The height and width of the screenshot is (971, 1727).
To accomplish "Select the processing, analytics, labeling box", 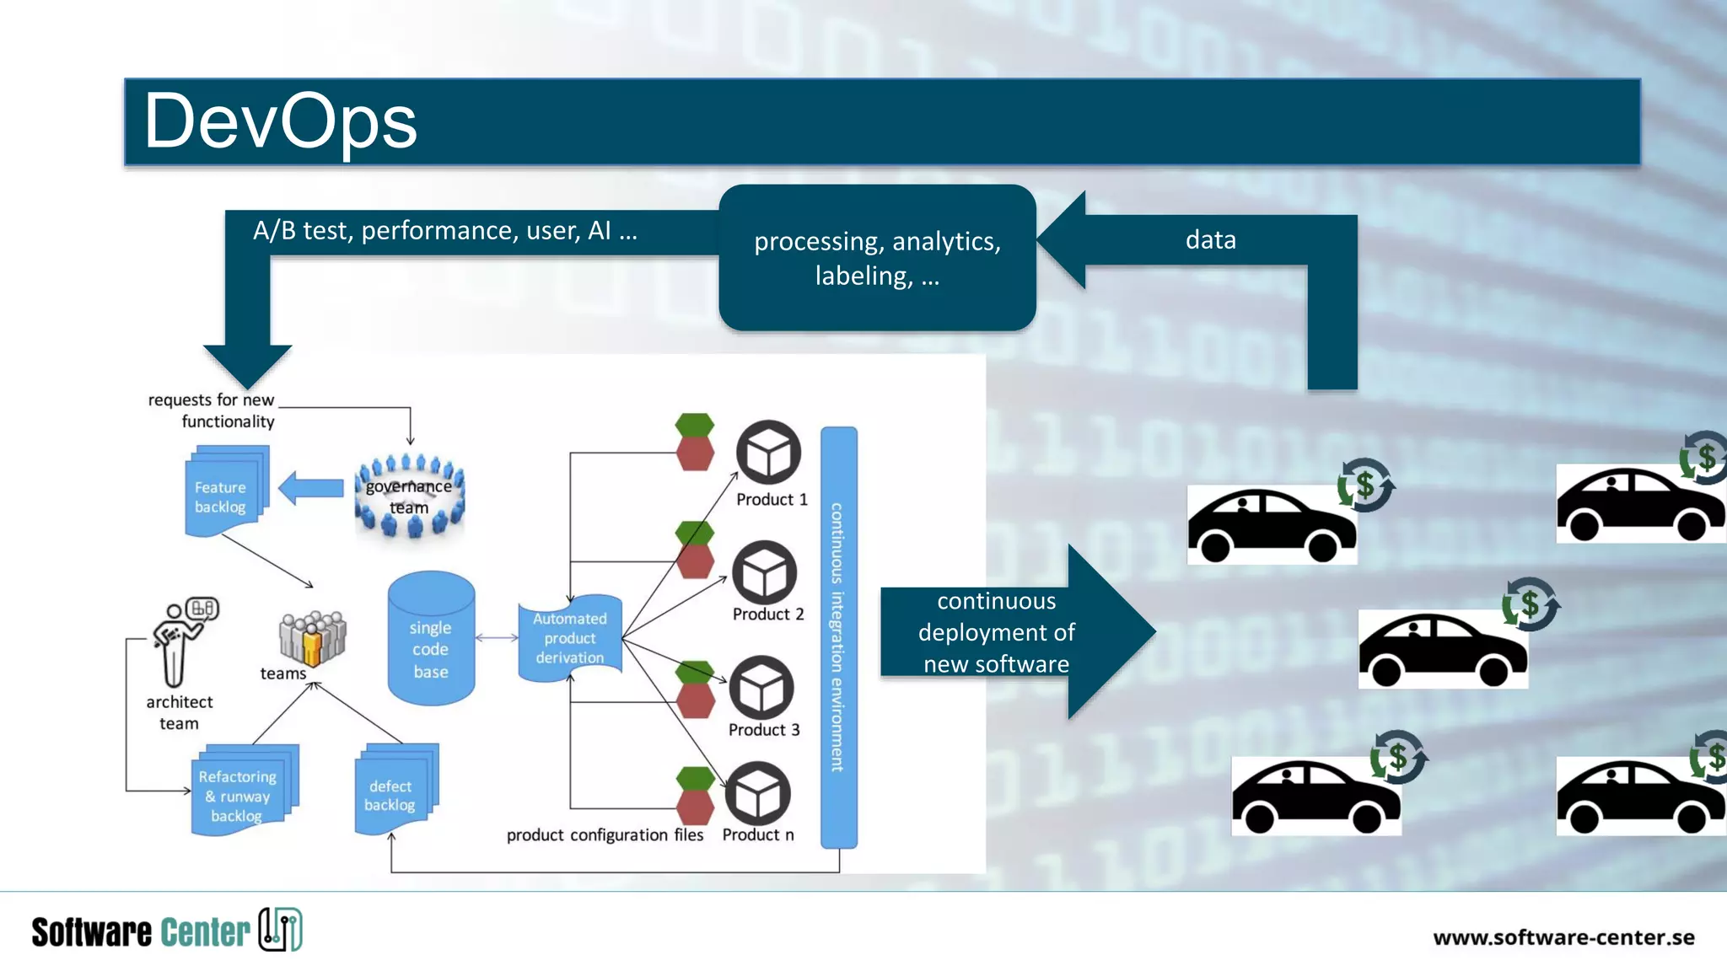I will click(x=877, y=258).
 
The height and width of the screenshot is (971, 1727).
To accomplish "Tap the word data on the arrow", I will click(x=1210, y=240).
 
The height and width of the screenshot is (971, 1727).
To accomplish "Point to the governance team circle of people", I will click(x=410, y=496).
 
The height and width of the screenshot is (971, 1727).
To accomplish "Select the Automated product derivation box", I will click(x=570, y=638).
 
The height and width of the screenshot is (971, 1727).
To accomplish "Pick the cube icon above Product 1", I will click(x=768, y=453).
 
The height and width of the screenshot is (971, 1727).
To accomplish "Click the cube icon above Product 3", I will click(x=761, y=689).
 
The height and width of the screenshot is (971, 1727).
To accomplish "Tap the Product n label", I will click(x=757, y=834).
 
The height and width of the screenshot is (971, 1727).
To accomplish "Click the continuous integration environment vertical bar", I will click(x=838, y=637).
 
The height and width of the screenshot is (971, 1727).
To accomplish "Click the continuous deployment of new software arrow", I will click(x=1012, y=632).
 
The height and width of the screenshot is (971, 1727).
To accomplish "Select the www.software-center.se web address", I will click(x=1563, y=937).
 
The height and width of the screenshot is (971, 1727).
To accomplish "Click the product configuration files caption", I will click(x=605, y=834).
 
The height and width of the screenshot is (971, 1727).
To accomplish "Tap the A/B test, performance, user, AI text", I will click(x=445, y=231).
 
